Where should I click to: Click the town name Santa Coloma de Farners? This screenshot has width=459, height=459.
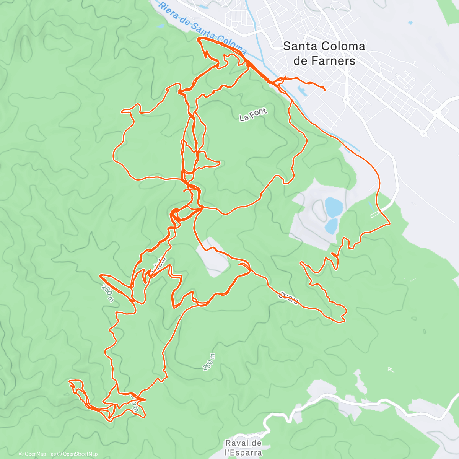click(x=324, y=54)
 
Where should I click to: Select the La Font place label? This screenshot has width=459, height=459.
click(x=252, y=115)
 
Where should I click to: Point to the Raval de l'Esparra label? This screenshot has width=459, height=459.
click(x=243, y=448)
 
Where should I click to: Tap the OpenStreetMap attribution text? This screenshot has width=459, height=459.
click(x=80, y=454)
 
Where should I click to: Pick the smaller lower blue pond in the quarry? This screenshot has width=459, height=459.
click(x=331, y=225)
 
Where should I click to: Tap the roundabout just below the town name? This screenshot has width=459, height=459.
click(x=346, y=99)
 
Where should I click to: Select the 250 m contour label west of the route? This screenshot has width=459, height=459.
click(x=107, y=293)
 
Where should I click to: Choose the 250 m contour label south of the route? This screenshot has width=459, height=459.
click(x=209, y=362)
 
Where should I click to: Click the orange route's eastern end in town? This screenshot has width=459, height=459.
click(x=325, y=90)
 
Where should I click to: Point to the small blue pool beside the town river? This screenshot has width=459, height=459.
click(x=303, y=91)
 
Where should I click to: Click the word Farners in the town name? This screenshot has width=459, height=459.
click(x=333, y=61)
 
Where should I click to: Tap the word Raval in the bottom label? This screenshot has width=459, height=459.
click(x=234, y=443)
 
